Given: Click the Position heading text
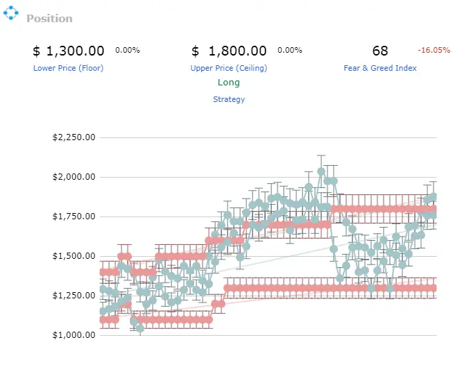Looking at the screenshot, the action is click(x=49, y=19).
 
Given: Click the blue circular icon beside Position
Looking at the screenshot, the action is click(x=11, y=12).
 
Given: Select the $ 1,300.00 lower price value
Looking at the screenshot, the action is click(x=69, y=51).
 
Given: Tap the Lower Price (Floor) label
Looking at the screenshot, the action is click(x=69, y=68).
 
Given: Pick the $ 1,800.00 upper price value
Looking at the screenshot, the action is click(x=229, y=51).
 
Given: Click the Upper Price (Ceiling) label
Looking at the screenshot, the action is click(x=229, y=68).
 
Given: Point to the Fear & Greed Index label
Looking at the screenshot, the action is click(x=380, y=68).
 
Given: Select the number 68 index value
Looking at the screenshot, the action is click(x=380, y=51).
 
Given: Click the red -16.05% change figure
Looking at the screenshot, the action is click(x=434, y=50).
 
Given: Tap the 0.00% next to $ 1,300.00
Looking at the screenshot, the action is click(x=128, y=50).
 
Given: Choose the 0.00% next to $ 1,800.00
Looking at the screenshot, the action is click(x=290, y=50).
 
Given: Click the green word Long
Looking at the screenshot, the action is click(x=229, y=83).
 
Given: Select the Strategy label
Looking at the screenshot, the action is click(x=229, y=99).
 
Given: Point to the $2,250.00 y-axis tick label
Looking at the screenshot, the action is click(x=74, y=137).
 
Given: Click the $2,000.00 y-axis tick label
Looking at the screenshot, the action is click(x=74, y=177).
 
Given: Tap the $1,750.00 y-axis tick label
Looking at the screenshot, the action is click(x=74, y=217).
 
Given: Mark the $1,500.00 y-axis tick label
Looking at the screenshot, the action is click(x=74, y=256).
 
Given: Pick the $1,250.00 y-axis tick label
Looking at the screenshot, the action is click(x=74, y=296).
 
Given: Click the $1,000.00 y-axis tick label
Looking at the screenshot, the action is click(x=74, y=335).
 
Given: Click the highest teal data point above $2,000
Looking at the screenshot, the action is click(x=321, y=171).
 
